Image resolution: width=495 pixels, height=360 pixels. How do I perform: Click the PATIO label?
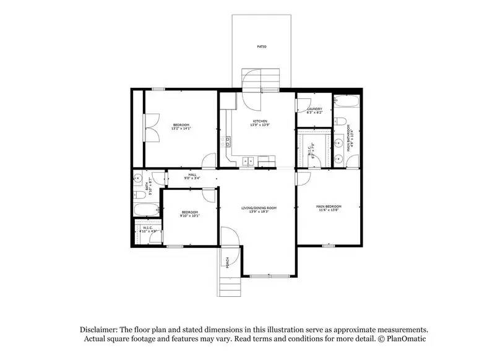(x=262, y=46)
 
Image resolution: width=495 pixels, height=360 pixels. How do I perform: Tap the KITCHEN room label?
(x=260, y=121)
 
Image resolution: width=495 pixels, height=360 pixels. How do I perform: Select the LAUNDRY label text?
(x=314, y=109)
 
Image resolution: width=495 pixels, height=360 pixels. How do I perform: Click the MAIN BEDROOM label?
(x=329, y=207)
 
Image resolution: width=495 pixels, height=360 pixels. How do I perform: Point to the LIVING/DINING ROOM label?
(x=259, y=208)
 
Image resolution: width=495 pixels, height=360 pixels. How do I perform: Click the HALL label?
(x=192, y=175)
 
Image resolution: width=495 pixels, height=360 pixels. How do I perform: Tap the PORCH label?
(x=228, y=262)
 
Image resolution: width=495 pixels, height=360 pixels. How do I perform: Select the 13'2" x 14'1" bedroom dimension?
(x=181, y=129)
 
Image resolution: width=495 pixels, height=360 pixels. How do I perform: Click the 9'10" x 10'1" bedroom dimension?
(x=189, y=216)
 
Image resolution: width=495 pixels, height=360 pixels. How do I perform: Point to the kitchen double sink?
(x=247, y=162)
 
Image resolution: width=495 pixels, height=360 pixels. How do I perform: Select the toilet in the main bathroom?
(x=340, y=121)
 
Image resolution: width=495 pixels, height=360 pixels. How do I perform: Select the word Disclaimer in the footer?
(x=99, y=330)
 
